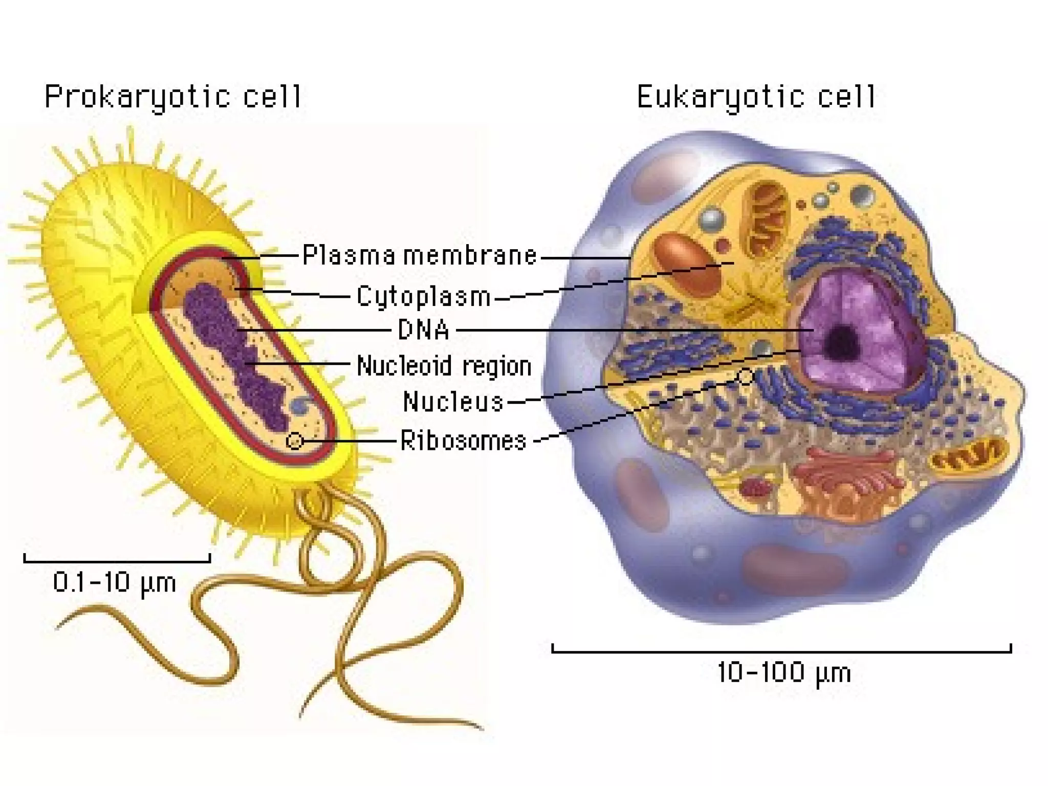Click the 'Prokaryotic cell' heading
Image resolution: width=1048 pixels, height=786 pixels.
tap(173, 97)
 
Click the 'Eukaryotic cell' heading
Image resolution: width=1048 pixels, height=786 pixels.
tap(756, 97)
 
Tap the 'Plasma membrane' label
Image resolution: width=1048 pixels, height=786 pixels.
tap(420, 255)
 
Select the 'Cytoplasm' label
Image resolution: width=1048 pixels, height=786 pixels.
tap(424, 297)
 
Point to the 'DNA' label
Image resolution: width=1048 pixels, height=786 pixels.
tap(424, 330)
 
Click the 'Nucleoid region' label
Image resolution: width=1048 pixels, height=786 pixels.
tap(444, 366)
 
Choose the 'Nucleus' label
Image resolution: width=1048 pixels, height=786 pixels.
tap(453, 402)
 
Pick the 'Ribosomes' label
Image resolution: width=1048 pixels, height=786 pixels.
tap(463, 440)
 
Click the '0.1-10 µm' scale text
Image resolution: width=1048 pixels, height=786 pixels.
tap(115, 582)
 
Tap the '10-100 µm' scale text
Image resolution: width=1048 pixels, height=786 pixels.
tap(784, 672)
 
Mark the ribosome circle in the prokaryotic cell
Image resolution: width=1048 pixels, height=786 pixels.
tap(295, 441)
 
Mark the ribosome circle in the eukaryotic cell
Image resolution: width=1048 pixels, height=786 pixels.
tap(746, 378)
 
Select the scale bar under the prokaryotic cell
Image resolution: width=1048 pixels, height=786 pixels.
tap(117, 561)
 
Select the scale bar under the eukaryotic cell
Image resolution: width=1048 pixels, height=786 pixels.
tap(781, 651)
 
